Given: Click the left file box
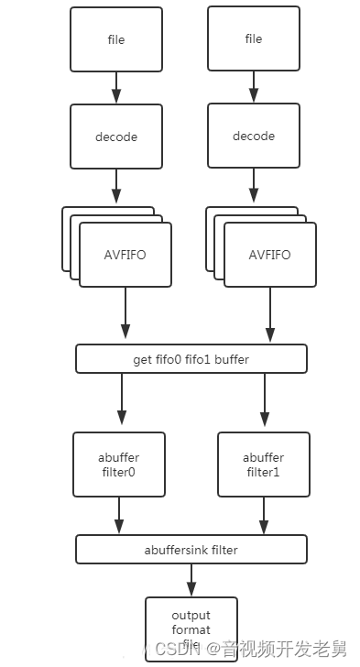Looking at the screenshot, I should pos(115,40).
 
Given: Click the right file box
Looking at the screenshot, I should pos(254,39).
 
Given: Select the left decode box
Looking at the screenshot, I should pos(115,137).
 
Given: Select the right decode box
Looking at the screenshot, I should pos(254,136).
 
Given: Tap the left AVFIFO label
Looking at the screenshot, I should pos(125,255).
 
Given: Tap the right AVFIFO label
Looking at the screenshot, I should pos(269,255).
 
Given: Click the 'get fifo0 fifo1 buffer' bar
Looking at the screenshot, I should pos(191,359).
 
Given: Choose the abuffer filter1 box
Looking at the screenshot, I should pos(263,465).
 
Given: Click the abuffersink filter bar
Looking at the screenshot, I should pos(191,550).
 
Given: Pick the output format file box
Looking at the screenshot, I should pos(191,629).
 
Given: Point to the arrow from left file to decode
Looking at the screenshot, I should pos(116,88).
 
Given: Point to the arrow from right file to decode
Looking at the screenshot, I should pos(254,87).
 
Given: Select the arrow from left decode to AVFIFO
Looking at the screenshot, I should pos(116,187).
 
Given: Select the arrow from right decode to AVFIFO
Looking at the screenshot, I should pos(254,187).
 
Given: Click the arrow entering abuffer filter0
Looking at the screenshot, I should pos(121,402).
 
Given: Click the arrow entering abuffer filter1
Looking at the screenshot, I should pos(264,402).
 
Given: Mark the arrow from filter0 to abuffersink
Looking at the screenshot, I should pos(117,516).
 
